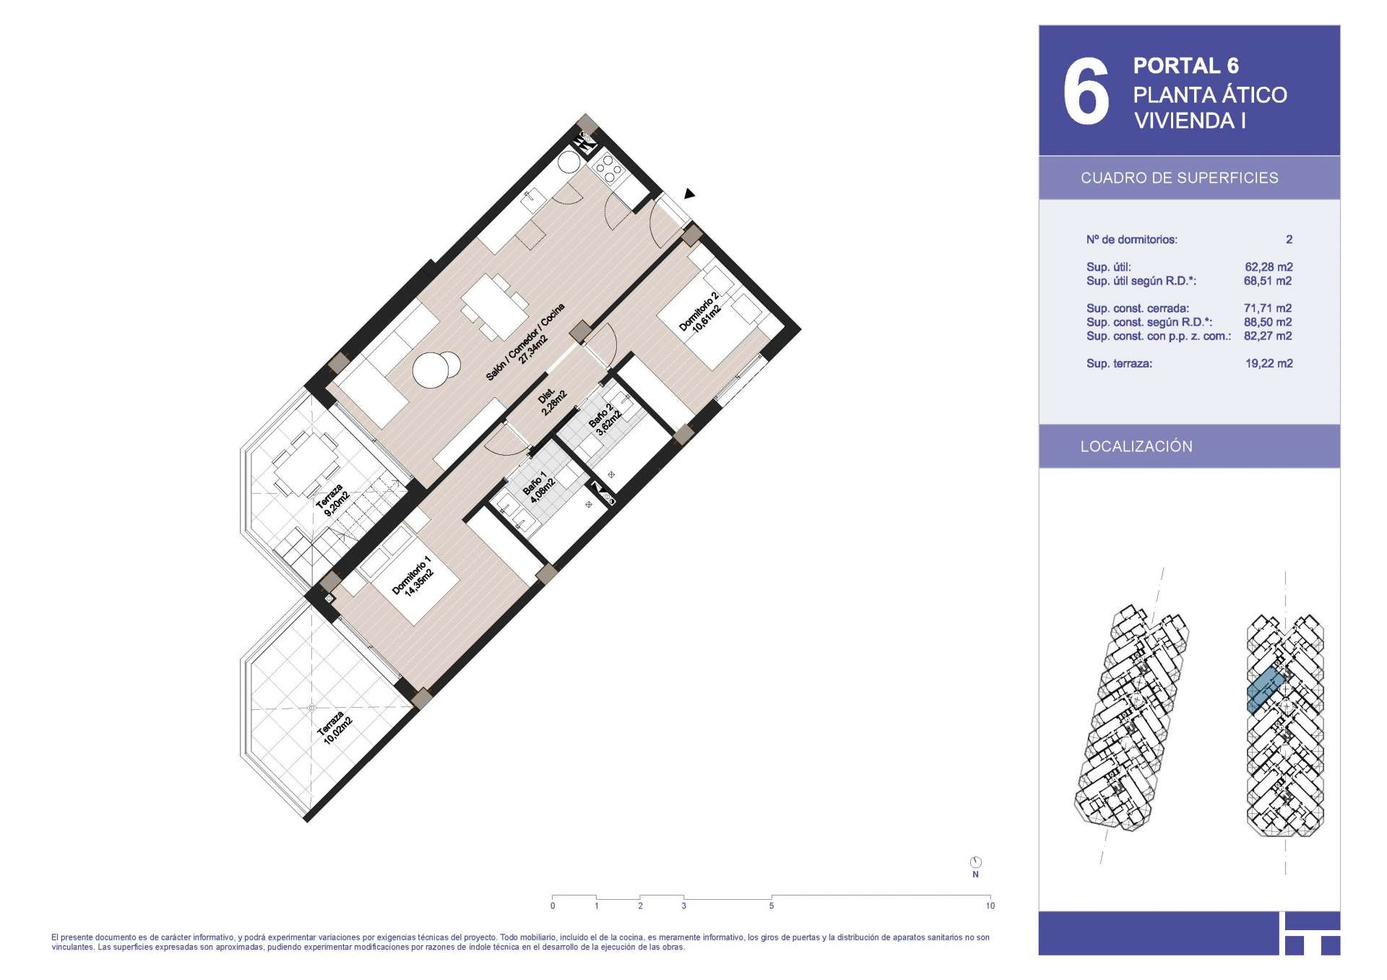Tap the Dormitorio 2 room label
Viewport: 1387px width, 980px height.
coord(699,312)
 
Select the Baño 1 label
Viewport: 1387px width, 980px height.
coord(539,487)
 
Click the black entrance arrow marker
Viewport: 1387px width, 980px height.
coord(689,194)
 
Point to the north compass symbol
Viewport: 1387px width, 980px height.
coord(975,862)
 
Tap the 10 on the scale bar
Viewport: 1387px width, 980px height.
coord(990,906)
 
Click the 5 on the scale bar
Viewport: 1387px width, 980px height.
coord(772,906)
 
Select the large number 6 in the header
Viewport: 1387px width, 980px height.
coord(1086,91)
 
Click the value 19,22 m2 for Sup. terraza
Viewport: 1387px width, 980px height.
coord(1269,363)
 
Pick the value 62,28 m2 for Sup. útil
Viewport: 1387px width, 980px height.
coord(1269,267)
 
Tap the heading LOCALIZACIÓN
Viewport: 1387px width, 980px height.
coord(1136,446)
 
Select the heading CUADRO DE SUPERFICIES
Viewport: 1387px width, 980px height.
coord(1180,178)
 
